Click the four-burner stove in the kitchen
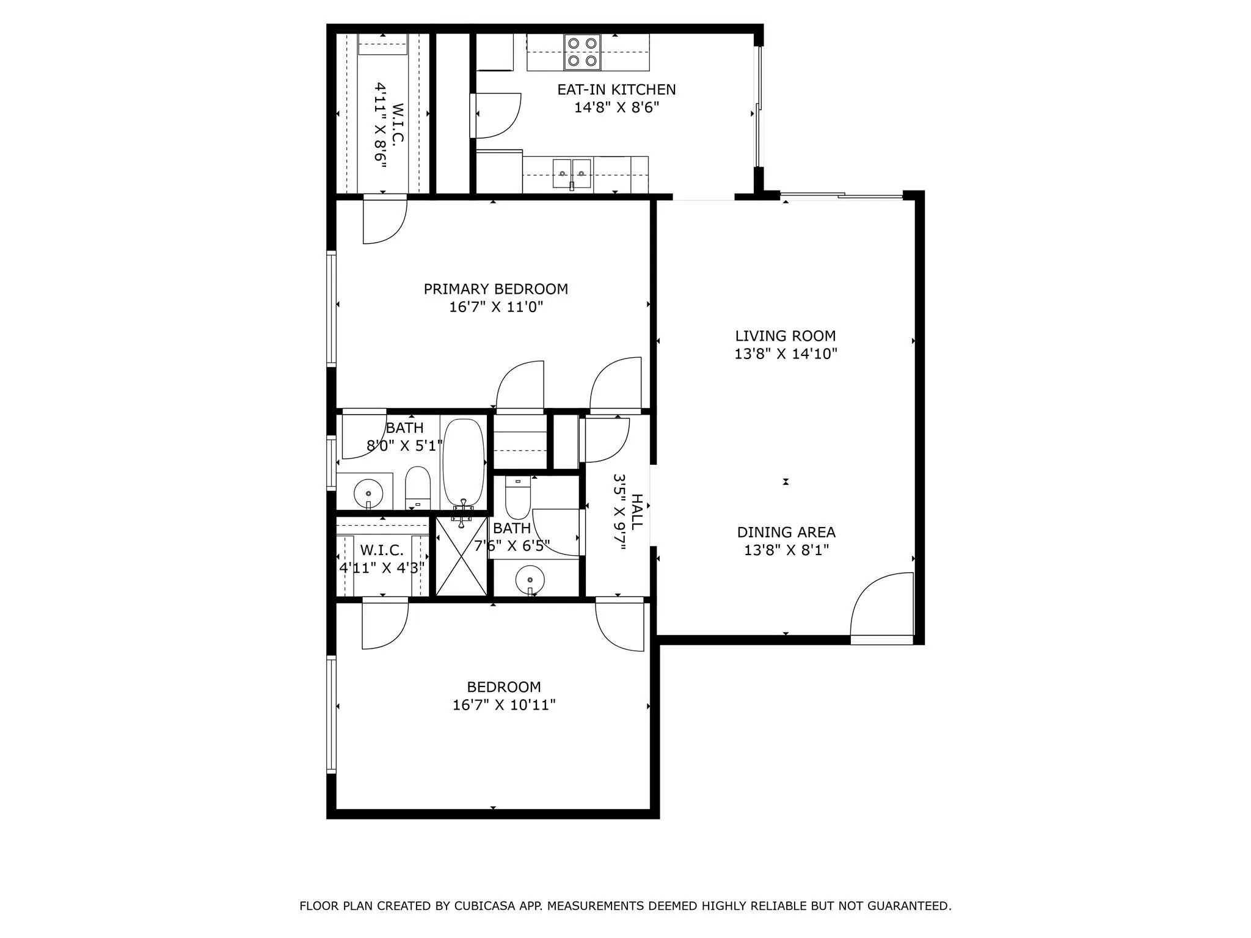click(x=582, y=52)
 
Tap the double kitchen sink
click(x=572, y=173)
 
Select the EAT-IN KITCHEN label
click(x=616, y=90)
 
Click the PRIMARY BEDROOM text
click(x=495, y=289)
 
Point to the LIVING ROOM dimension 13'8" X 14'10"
click(x=785, y=354)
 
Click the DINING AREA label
click(x=786, y=532)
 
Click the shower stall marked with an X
click(x=461, y=556)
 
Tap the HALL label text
click(x=636, y=512)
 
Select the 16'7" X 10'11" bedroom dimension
click(x=504, y=705)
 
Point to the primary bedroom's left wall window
click(x=332, y=308)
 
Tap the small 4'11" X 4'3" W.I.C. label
click(x=382, y=550)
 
